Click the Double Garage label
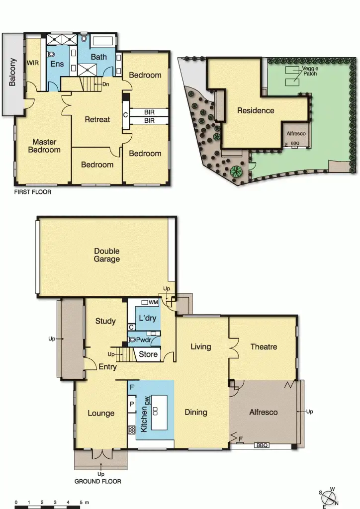[107, 255]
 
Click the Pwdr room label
[144, 341]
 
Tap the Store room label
[148, 354]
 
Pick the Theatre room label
[264, 346]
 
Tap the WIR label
[33, 63]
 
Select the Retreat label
[97, 119]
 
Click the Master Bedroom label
[44, 146]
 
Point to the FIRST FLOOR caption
[33, 191]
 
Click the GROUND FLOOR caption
[97, 481]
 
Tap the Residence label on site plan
[255, 110]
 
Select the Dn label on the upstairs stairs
[106, 84]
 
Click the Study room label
[105, 321]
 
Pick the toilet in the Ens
[50, 54]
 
